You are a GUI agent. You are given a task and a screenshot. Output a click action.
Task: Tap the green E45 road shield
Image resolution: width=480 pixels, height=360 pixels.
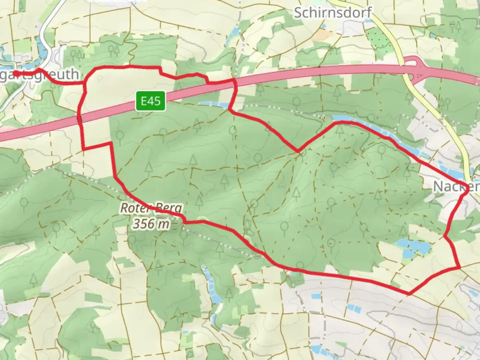pyautogui.click(x=150, y=101)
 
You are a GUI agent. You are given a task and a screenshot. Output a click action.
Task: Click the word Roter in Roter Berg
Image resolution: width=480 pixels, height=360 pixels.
pyautogui.click(x=133, y=208)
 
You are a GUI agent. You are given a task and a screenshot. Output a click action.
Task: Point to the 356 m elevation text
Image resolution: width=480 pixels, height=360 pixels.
pyautogui.click(x=151, y=224)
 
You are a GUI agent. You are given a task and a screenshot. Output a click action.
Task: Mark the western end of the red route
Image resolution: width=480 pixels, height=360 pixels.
pyautogui.click(x=14, y=73)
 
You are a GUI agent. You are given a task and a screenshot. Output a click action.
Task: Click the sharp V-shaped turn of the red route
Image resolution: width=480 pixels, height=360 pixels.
pyautogui.click(x=298, y=151)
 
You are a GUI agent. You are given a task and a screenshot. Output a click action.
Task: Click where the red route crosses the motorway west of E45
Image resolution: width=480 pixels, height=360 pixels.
pyautogui.click(x=80, y=118)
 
